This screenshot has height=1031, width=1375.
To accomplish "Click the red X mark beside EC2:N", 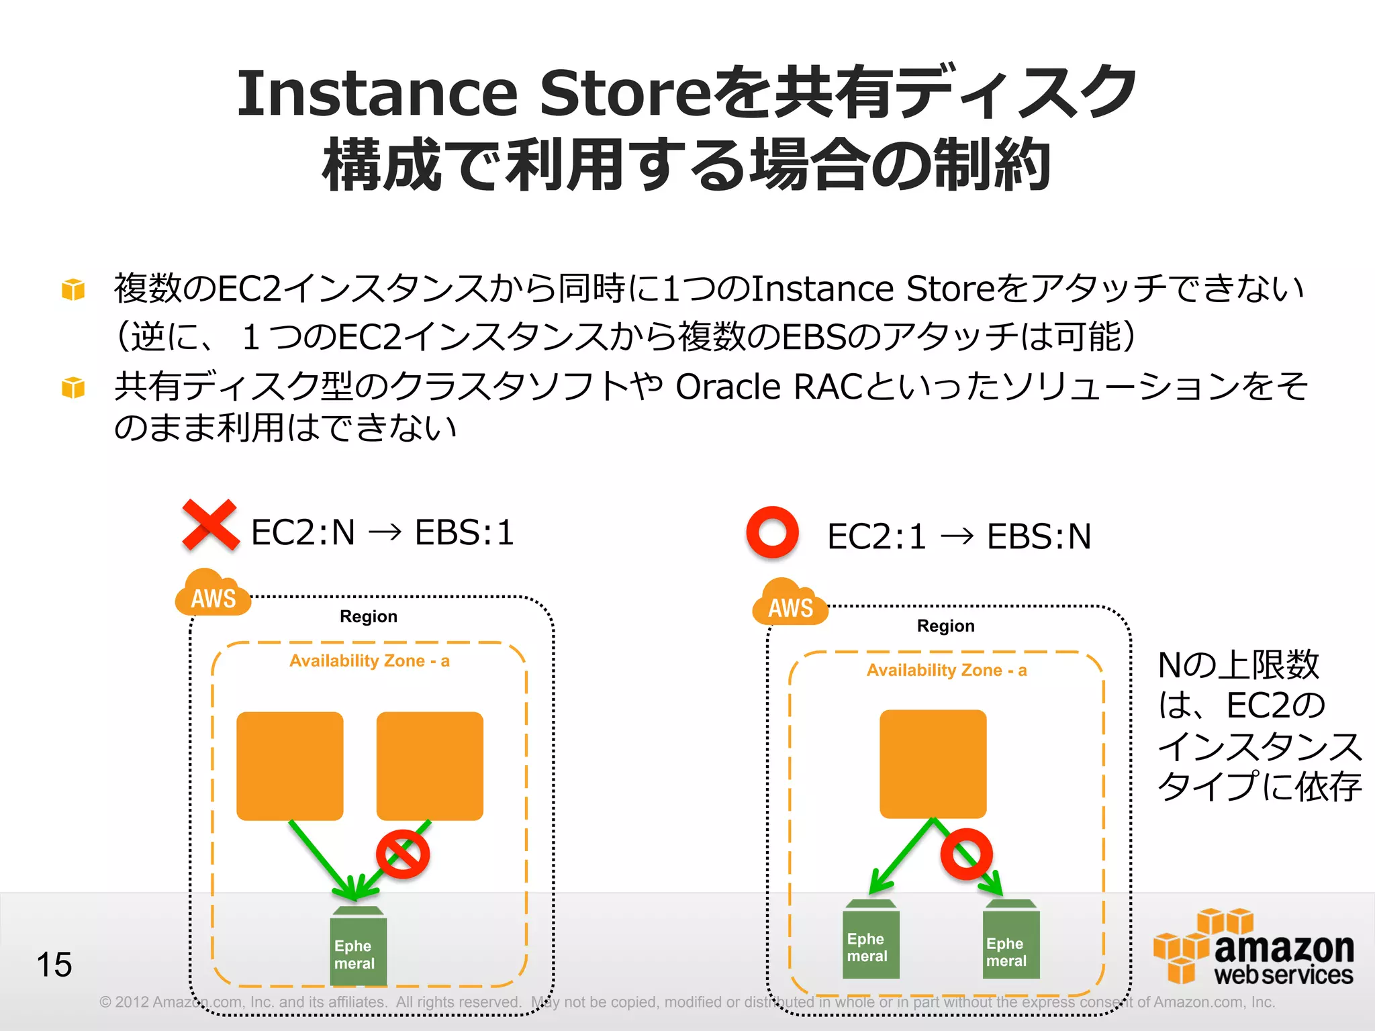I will click(x=210, y=525).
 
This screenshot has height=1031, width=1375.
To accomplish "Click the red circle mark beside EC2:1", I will click(x=772, y=532).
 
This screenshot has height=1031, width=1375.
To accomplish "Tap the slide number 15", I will click(x=54, y=965).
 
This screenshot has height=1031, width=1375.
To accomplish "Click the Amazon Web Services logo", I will click(x=1253, y=948).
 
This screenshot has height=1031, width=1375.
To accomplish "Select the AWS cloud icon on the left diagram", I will click(x=212, y=593).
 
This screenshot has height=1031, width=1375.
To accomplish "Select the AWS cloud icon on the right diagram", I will click(x=790, y=603).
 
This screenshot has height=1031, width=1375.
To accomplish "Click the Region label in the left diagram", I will click(x=368, y=616).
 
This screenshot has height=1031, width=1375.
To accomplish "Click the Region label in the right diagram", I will click(x=945, y=626).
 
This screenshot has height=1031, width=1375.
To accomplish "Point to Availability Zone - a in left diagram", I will click(x=369, y=661).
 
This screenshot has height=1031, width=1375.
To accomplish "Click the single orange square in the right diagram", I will click(x=933, y=764).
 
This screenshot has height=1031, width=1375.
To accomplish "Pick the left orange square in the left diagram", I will click(x=290, y=766).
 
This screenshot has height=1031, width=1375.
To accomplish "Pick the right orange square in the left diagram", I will click(x=430, y=766).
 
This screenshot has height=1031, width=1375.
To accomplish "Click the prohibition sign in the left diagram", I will click(x=402, y=854).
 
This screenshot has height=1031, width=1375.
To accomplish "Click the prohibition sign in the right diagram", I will click(x=966, y=854).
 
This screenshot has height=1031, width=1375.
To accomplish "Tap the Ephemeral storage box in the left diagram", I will click(x=358, y=948).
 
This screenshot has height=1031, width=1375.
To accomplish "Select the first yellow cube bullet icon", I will click(x=73, y=289).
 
